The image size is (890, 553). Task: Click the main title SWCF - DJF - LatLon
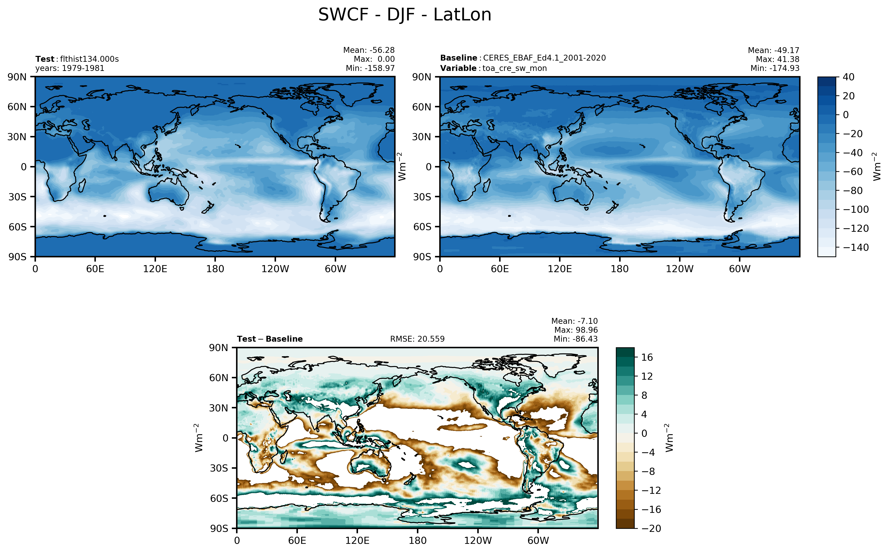404,15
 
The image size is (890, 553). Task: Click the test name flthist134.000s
89,59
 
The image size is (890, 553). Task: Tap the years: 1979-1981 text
70,68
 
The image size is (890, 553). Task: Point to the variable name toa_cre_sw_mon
514,68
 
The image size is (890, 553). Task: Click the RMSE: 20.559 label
417,339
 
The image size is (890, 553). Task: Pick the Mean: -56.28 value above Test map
369,50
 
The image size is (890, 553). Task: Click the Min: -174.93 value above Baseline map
775,68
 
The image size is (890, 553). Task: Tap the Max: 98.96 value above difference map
576,330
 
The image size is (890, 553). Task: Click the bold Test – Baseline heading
270,339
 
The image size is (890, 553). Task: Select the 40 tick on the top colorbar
848,77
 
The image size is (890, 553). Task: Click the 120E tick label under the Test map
155,269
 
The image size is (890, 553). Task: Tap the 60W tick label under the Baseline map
740,269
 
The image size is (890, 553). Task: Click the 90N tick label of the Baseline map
422,77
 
